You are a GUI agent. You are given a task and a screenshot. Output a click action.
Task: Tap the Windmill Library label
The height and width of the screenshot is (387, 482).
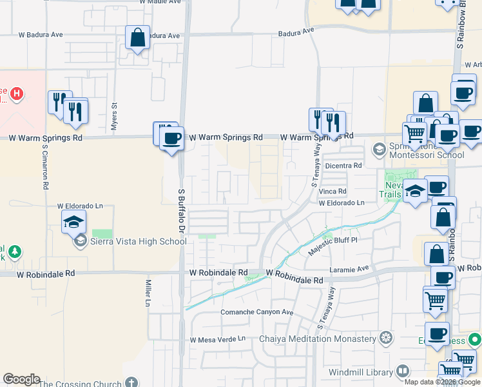pos(360,372)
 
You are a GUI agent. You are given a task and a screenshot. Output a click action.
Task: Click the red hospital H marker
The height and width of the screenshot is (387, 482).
pos(17,94)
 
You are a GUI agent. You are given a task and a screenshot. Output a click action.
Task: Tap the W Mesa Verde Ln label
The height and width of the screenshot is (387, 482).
pos(218,339)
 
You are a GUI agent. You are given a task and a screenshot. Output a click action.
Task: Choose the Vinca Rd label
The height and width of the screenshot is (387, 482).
pos(333,192)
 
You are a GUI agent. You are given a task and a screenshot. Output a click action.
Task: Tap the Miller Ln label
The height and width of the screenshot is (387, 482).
pos(148,293)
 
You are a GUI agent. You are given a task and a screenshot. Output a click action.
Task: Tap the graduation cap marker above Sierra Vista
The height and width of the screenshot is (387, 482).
pos(74,221)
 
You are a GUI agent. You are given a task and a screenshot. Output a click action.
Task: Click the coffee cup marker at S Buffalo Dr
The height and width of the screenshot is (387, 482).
pos(171,138)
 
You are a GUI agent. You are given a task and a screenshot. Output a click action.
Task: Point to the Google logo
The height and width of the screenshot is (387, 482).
pos(21,379)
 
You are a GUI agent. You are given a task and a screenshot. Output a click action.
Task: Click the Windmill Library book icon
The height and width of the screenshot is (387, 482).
pos(402,372)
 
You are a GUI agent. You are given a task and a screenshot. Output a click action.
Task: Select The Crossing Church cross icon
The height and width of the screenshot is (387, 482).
pos(131,383)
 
